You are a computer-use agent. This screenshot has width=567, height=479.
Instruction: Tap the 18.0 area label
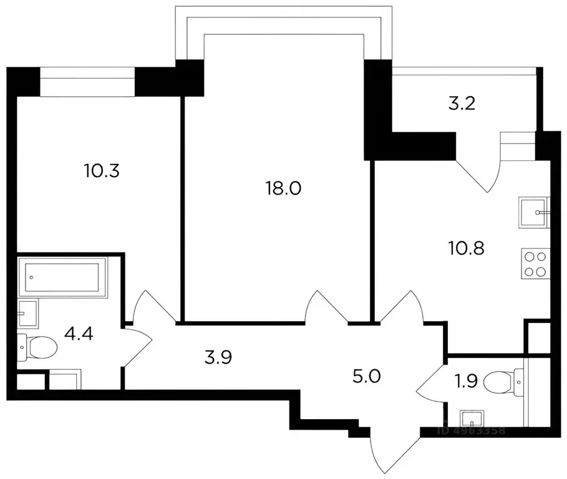click(283, 188)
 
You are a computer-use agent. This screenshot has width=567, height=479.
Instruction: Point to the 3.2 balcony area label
click(462, 104)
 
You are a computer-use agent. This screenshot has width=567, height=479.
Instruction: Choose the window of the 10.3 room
click(87, 82)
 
